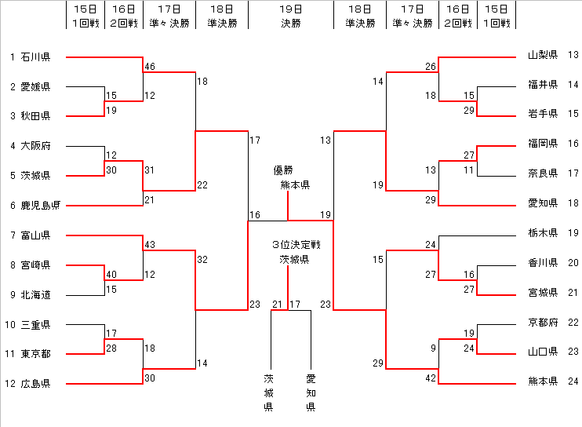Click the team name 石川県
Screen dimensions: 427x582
pos(35,57)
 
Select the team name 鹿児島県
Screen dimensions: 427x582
pos(41,206)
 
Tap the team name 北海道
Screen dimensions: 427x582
pos(35,295)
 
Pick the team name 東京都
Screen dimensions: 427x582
pos(35,354)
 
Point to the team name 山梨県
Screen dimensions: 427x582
pos(543,55)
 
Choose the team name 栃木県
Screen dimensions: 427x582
pos(543,233)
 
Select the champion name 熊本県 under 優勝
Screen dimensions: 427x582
pos(295,185)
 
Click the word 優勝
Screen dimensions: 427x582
pos(283,170)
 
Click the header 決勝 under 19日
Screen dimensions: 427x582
pos(290,24)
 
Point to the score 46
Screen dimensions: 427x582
pos(150,68)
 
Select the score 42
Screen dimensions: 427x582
pos(431,378)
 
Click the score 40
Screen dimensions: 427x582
pos(111,275)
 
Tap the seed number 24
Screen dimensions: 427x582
pos(572,382)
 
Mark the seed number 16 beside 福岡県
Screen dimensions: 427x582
pos(572,144)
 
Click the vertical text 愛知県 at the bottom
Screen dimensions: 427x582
pos(311,392)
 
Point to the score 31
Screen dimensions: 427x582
pos(150,170)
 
